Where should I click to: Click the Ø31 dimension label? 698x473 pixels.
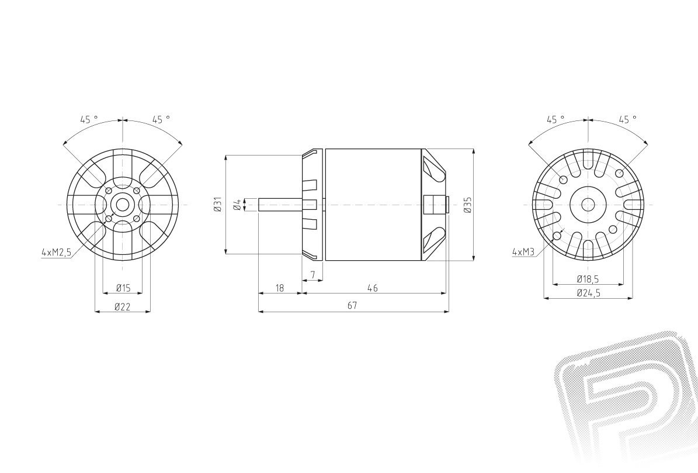(218, 205)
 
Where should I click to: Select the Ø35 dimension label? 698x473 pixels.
(467, 205)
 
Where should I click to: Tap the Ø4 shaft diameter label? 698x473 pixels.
(238, 205)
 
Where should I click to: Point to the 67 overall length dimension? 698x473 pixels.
(353, 305)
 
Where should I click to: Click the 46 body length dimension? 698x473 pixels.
(373, 288)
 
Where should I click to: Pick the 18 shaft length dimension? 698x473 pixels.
(280, 288)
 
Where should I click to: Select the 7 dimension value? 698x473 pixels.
(313, 275)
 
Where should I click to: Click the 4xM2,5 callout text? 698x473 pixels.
(56, 253)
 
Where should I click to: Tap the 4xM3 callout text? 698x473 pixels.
(523, 251)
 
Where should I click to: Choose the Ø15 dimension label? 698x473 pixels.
(123, 288)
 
